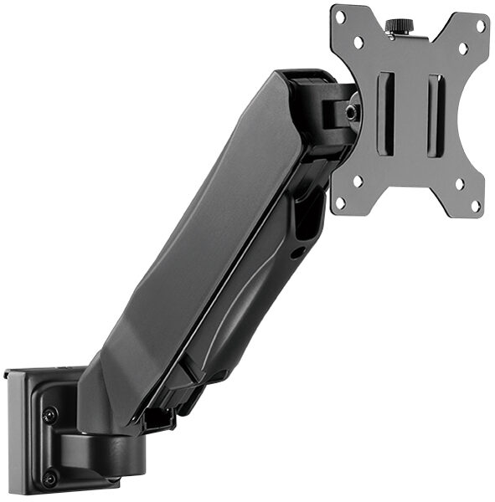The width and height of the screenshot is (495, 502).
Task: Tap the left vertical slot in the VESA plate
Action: pos(385,114)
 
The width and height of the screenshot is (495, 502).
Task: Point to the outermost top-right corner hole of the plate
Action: pos(481,25)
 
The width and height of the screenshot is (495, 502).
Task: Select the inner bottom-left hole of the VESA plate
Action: pos(358,180)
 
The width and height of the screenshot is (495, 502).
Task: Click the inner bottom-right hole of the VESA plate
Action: pos(457,183)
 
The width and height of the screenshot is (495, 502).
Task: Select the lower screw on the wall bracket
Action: pos(49,478)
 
